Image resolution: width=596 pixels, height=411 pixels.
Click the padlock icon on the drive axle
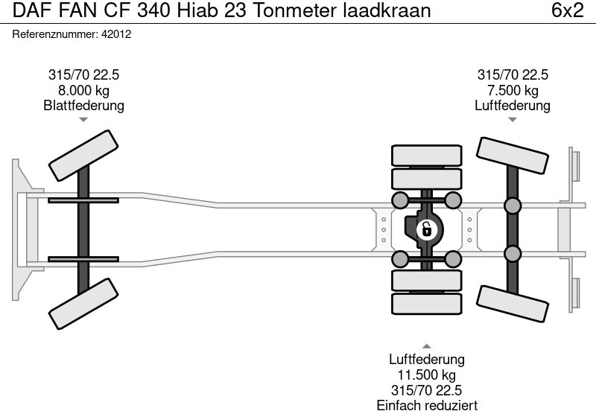[x=426, y=229]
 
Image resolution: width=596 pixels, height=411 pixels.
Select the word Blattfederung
[x=83, y=105]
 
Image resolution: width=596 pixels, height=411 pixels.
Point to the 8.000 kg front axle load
[x=83, y=90]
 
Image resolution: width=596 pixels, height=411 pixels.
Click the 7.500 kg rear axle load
[x=513, y=90]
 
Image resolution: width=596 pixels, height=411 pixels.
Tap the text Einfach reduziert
[x=426, y=404]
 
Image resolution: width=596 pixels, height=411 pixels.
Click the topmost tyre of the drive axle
[x=426, y=156]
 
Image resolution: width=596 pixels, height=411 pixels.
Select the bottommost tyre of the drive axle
[x=426, y=303]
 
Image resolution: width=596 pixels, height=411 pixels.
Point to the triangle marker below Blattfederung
[x=83, y=119]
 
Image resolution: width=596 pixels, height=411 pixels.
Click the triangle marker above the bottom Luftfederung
[x=426, y=345]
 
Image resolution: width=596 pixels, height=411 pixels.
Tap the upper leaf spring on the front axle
[x=83, y=200]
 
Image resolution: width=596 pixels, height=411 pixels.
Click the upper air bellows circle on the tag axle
[x=513, y=206]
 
